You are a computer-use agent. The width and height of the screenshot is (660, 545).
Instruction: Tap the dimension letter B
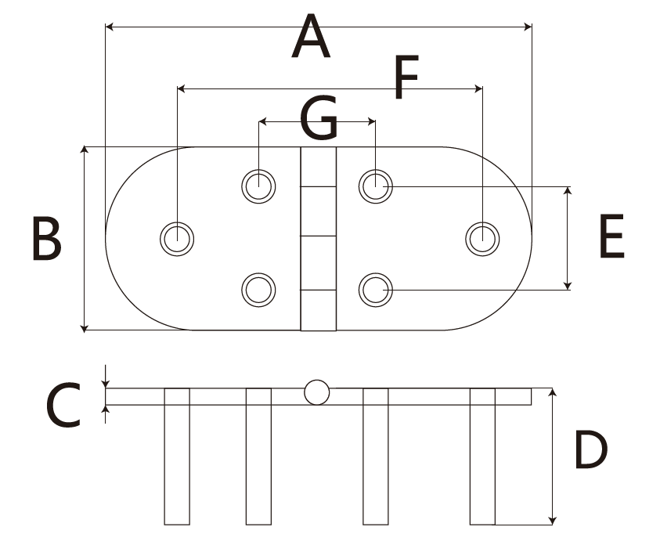[46, 239]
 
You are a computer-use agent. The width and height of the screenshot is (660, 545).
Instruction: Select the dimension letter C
[63, 405]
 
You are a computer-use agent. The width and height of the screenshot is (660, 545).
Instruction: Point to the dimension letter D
[591, 450]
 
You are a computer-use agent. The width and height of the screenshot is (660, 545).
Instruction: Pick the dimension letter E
[611, 237]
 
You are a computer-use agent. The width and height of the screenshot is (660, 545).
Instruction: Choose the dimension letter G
[319, 120]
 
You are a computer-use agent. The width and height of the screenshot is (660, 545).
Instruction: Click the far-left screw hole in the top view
[178, 238]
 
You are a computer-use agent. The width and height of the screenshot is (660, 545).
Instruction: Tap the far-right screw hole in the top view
[482, 238]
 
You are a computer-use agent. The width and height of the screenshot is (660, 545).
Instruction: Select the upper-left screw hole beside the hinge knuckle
[259, 186]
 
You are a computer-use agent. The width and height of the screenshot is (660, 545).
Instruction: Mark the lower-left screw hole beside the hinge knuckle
[259, 291]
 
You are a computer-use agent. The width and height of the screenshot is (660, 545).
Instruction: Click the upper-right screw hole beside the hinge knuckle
[375, 186]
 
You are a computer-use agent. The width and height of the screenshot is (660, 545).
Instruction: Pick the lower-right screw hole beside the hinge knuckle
[375, 291]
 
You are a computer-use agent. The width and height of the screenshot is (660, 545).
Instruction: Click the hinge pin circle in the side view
[317, 392]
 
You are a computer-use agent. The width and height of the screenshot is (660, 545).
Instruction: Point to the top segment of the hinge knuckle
[318, 167]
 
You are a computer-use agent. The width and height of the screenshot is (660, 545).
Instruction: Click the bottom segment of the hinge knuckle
[318, 310]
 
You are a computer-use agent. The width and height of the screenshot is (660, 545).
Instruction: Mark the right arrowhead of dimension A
[527, 27]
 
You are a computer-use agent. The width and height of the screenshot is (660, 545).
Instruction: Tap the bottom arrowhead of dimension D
[554, 519]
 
